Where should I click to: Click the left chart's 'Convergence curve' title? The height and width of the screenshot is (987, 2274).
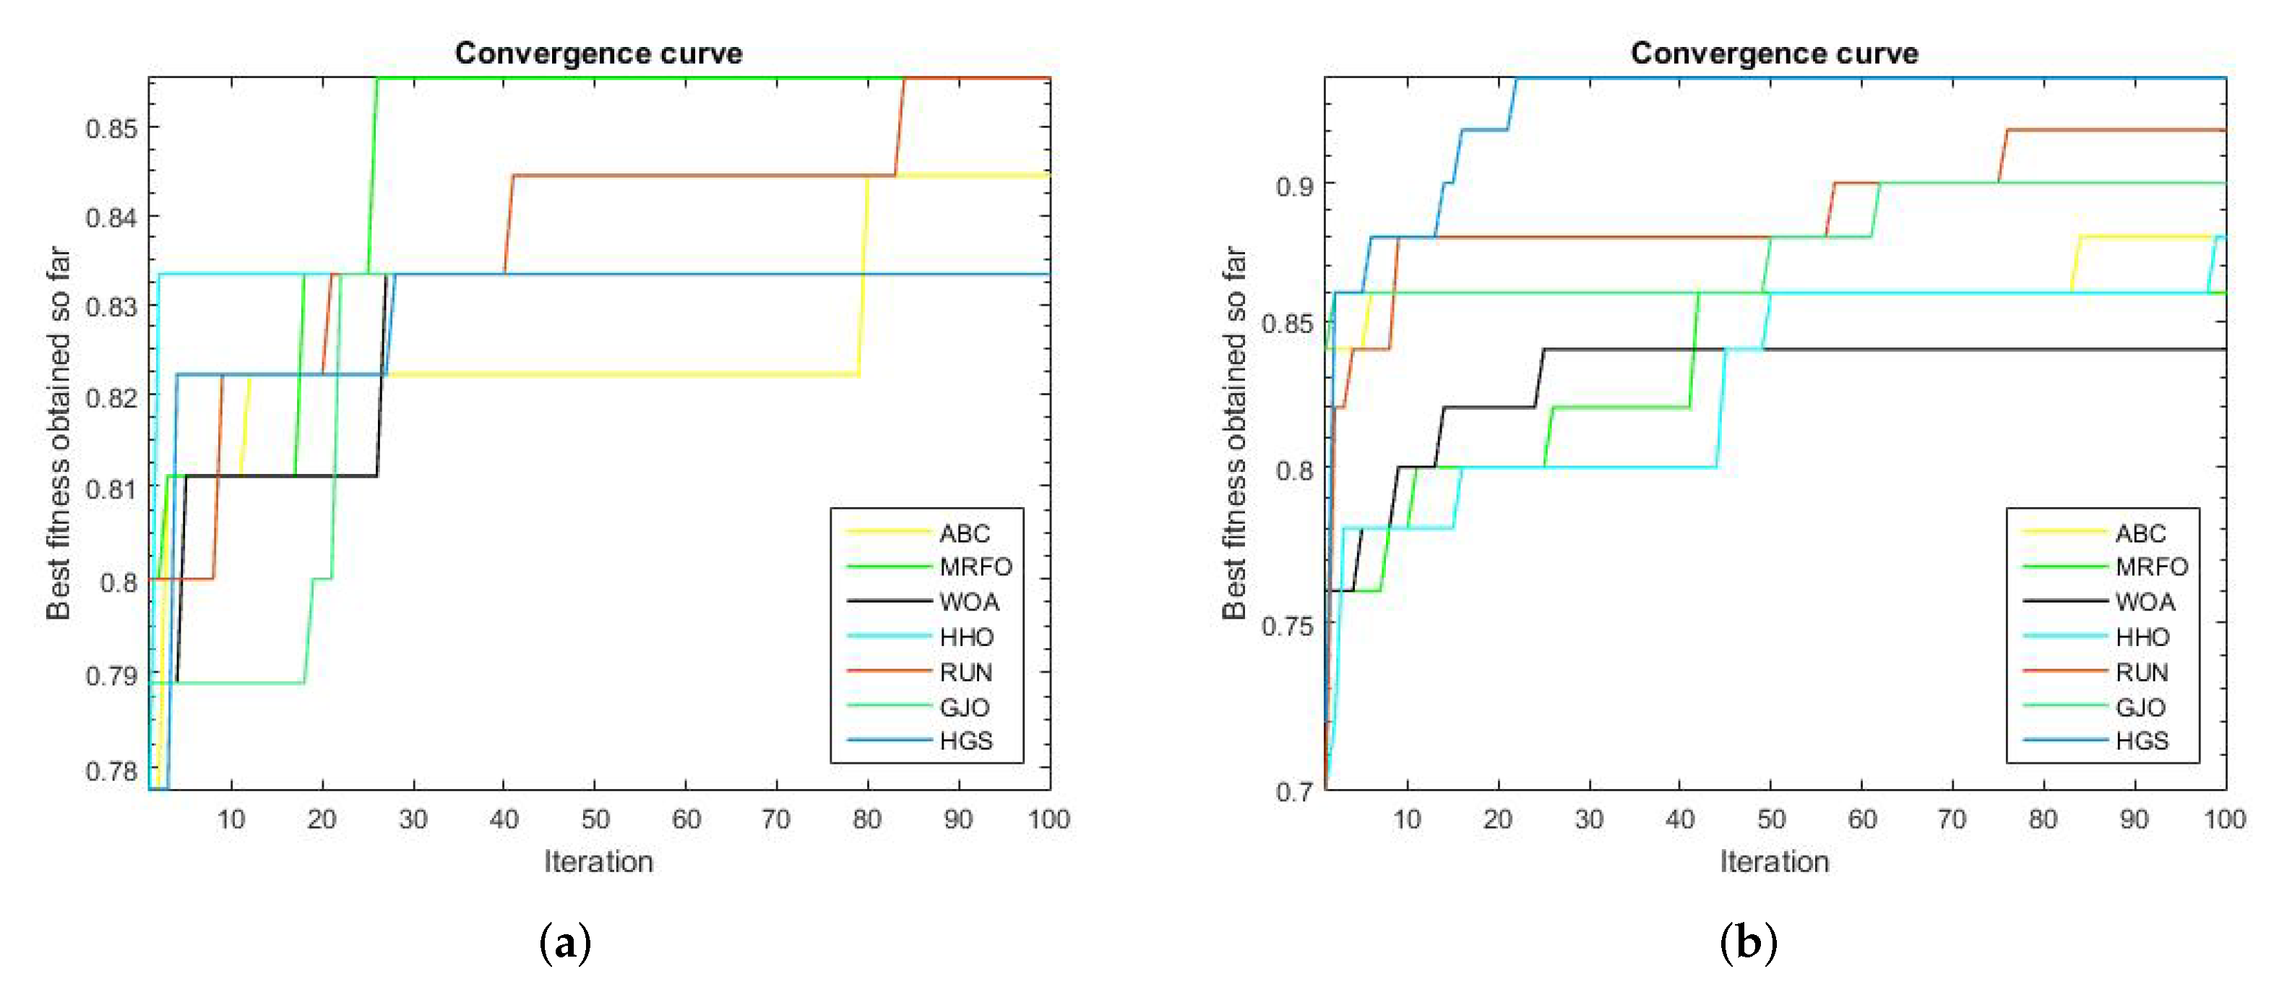598,53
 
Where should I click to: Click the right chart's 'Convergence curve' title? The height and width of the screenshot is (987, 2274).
1775,53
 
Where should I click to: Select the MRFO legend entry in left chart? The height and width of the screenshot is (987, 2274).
975,566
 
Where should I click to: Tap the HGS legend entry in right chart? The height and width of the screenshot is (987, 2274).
2142,741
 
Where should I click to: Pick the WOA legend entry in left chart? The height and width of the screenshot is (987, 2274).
968,602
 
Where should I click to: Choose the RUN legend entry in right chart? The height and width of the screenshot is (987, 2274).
2142,673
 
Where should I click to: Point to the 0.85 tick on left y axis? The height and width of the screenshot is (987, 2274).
112,129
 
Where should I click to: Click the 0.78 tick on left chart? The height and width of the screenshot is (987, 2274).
112,771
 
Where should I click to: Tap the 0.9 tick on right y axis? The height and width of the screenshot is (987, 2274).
1294,186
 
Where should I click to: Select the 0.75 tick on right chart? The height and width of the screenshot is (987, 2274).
1287,626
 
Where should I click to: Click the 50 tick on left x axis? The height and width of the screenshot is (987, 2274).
595,819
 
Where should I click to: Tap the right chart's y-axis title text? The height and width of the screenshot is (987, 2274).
1233,433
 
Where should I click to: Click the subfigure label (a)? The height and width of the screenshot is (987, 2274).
564,943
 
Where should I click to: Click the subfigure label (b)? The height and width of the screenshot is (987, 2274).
1748,943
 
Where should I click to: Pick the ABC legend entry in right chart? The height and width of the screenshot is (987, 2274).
2140,533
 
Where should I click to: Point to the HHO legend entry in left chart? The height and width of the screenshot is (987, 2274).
965,637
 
